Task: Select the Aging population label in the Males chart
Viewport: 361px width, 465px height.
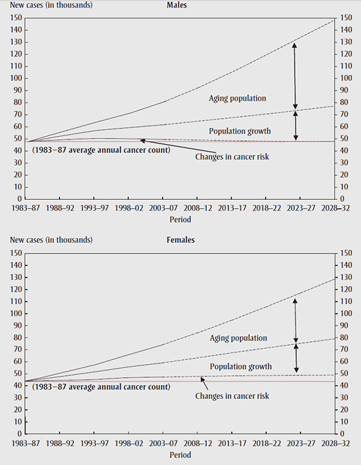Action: click(x=237, y=98)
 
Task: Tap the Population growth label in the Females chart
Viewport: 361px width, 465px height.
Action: click(x=240, y=366)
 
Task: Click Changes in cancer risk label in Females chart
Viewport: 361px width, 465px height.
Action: click(x=232, y=396)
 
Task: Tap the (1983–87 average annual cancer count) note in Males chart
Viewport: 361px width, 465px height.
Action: click(x=100, y=150)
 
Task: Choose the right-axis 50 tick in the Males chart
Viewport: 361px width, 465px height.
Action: click(x=345, y=138)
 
